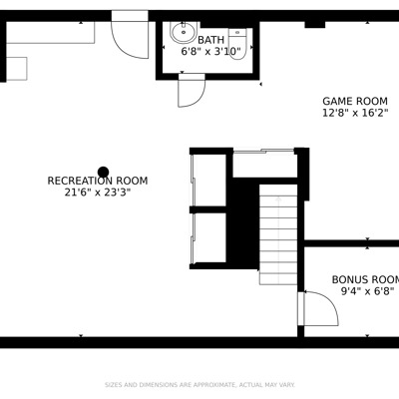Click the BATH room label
pos(210,40)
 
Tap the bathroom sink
pos(184,32)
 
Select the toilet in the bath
pos(237,44)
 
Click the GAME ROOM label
pos(355,101)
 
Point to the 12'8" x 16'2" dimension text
pos(355,113)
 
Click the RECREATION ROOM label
pos(98,181)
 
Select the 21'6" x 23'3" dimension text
pos(98,193)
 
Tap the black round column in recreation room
pos(104,172)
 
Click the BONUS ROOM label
pos(365,279)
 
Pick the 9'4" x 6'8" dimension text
pos(367,291)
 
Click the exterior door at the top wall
pos(130,34)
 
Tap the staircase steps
pos(278,234)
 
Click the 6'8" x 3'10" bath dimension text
pos(210,52)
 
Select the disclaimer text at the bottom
pos(199,385)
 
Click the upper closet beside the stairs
pos(209,181)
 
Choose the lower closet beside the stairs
pos(209,237)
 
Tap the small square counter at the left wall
pos(17,69)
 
